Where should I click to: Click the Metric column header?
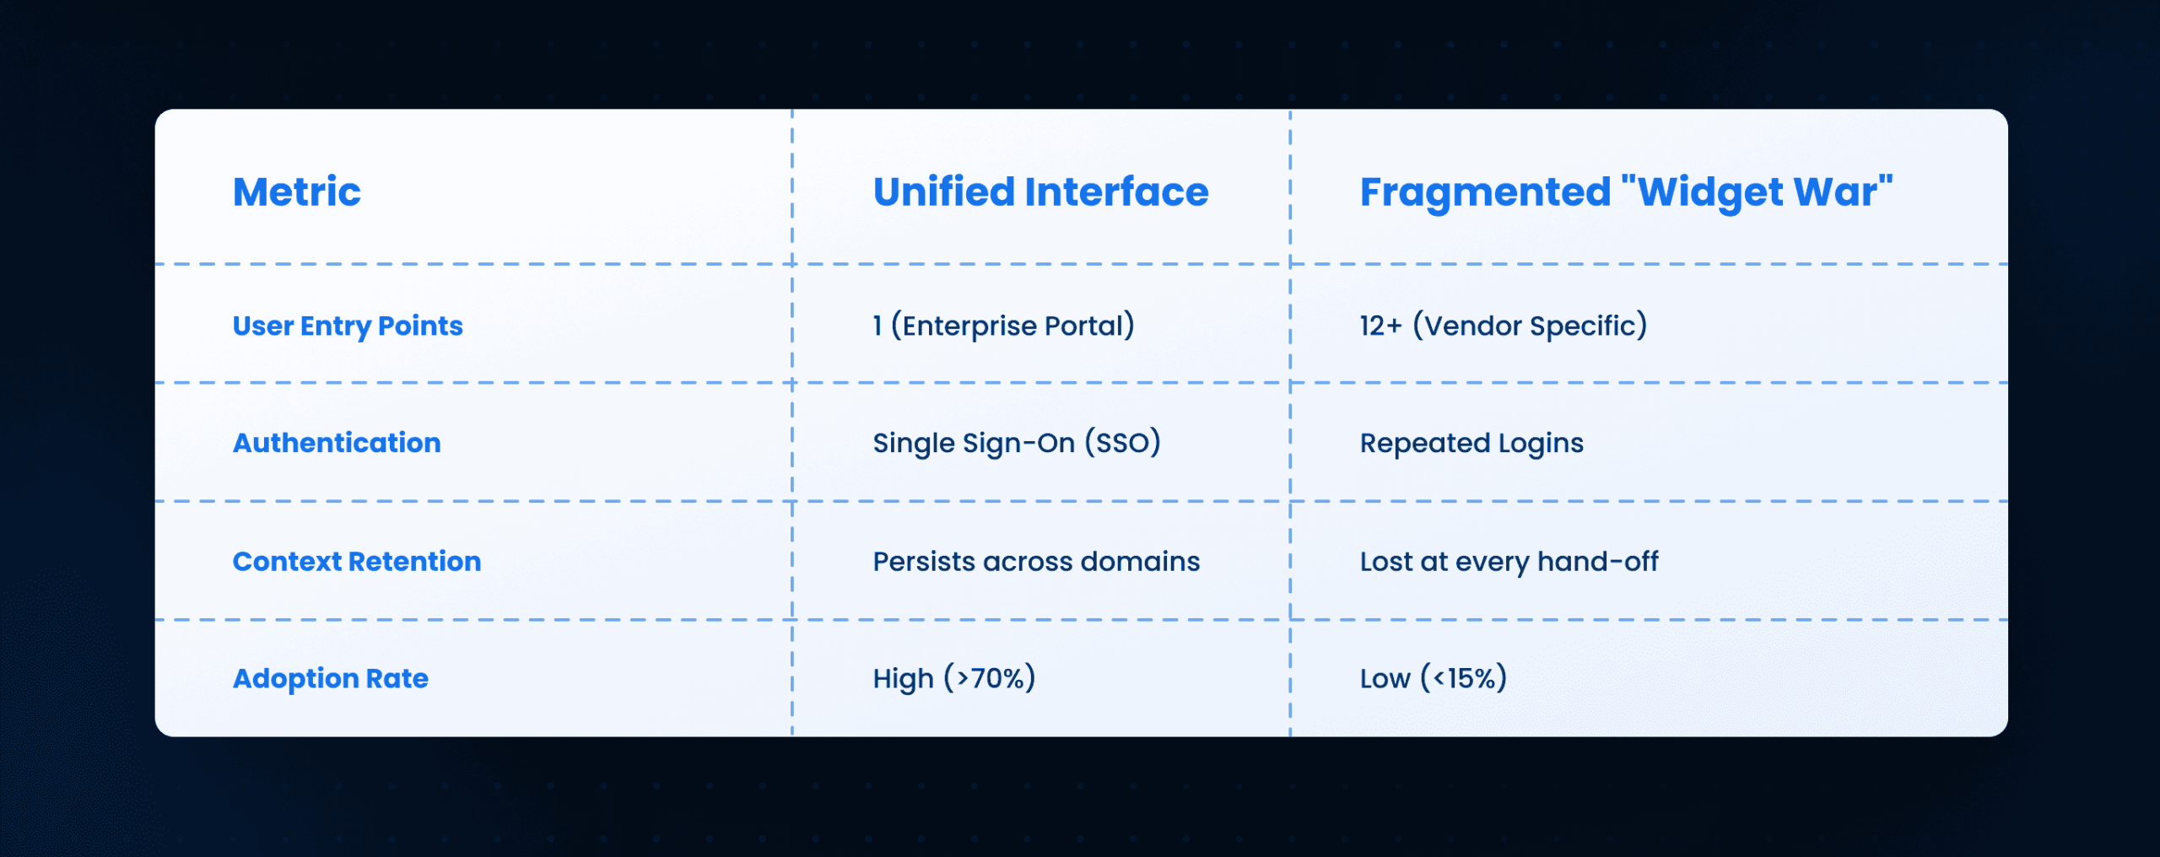coord(296,191)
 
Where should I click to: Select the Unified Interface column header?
coord(1040,191)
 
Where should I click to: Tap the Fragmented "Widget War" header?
coord(1626,193)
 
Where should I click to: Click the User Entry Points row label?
coord(348,326)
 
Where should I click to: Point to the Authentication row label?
coord(337,443)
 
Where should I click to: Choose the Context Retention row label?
coord(357,561)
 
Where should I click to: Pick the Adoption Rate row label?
coord(330,679)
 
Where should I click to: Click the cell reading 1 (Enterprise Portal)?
coord(1003,326)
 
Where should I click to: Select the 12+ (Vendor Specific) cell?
coord(1503,326)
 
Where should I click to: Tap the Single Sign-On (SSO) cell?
coord(1017,444)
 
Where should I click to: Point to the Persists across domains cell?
coord(1036,562)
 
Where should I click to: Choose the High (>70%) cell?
coord(953,679)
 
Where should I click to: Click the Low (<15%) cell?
coord(1433,679)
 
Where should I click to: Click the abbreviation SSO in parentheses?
coord(1122,444)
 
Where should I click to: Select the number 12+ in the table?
coord(1380,326)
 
